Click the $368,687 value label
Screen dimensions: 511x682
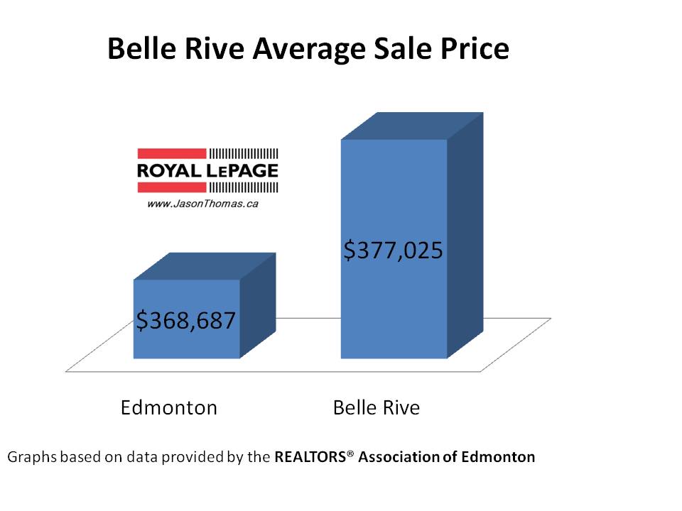point(185,321)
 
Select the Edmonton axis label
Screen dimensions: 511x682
point(168,408)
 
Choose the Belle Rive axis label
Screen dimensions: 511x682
point(376,408)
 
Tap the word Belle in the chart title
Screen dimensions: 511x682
point(136,50)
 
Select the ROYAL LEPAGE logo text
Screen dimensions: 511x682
point(207,170)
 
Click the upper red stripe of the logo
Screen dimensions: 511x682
point(171,153)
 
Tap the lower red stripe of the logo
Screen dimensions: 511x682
point(171,187)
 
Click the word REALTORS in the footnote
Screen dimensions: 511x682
point(310,457)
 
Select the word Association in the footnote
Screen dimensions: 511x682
point(399,457)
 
